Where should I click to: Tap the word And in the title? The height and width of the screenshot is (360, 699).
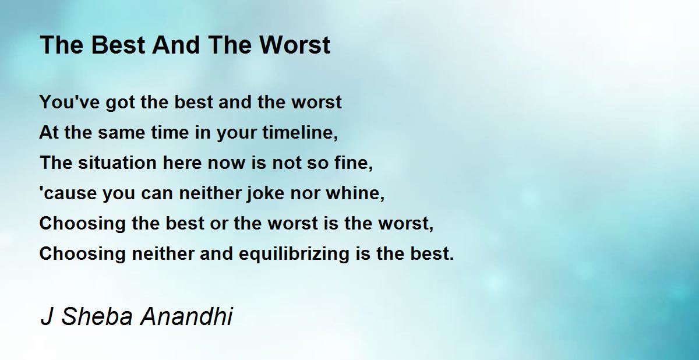[x=176, y=45]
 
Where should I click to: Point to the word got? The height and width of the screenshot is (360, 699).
[x=121, y=103]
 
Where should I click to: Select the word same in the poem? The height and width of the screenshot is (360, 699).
[x=121, y=133]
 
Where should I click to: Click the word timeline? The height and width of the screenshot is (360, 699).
[x=300, y=133]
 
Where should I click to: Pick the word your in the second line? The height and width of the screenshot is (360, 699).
[x=237, y=134]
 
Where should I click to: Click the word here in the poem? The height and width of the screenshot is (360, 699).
[x=182, y=163]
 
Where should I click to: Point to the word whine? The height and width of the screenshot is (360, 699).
[x=355, y=193]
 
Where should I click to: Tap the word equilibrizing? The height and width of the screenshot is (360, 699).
[x=294, y=254]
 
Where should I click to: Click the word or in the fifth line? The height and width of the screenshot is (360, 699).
[x=219, y=225]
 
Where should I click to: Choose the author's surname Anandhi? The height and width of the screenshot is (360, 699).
[x=186, y=316]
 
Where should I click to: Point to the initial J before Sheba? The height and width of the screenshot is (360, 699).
[x=47, y=316]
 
